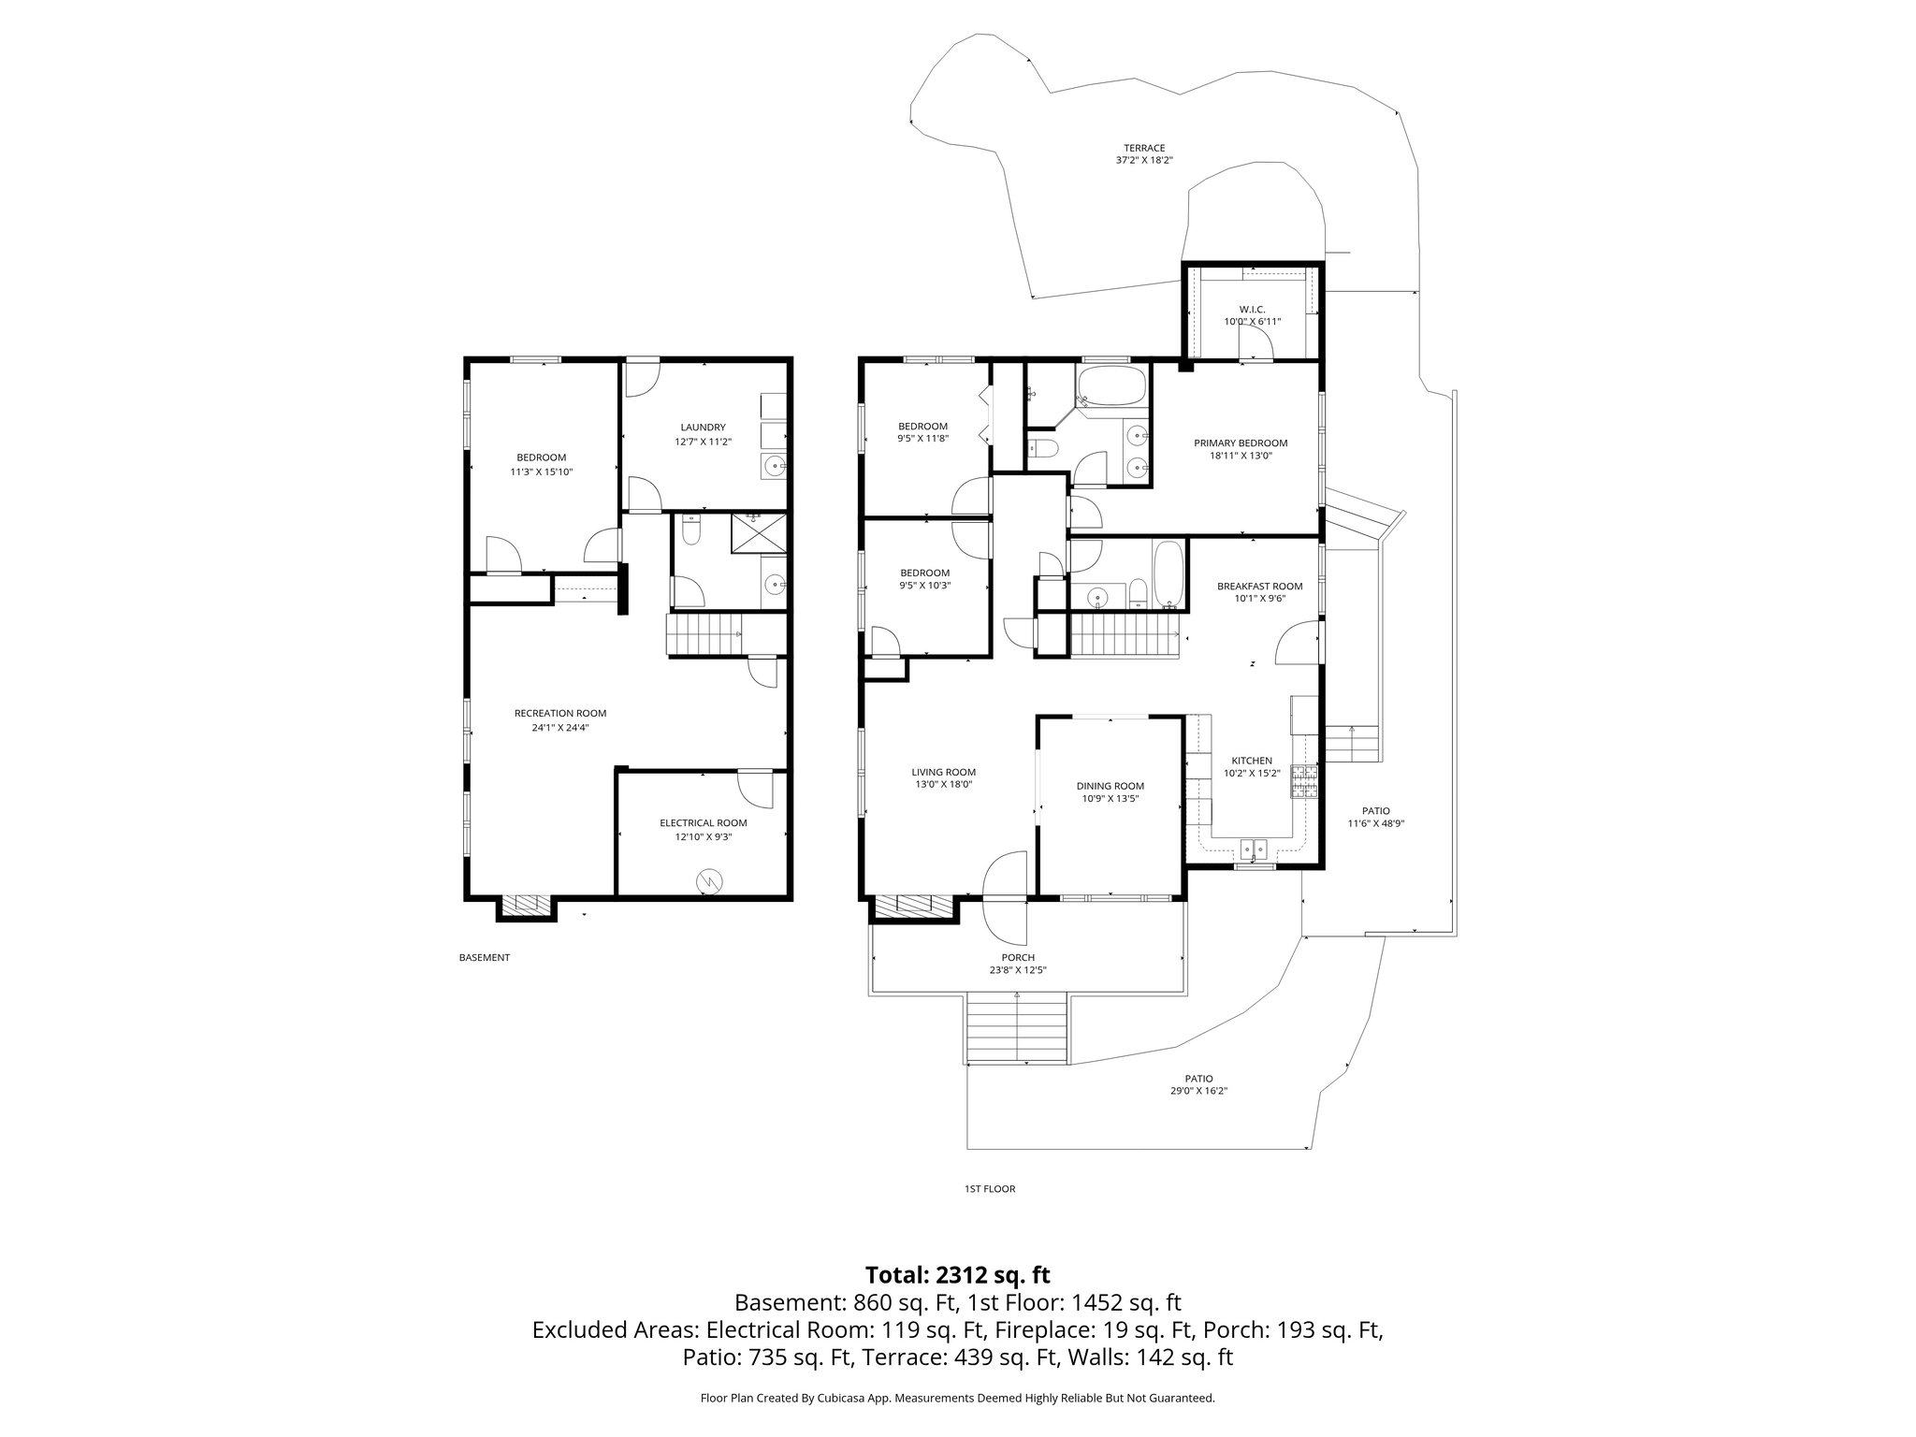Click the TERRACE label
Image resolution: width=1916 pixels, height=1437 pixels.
pyautogui.click(x=1144, y=148)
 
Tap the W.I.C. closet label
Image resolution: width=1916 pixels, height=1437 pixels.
pyautogui.click(x=1252, y=309)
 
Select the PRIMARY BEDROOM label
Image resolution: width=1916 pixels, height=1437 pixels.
pyautogui.click(x=1241, y=443)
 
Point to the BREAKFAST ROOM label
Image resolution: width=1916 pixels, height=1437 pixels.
pyautogui.click(x=1259, y=587)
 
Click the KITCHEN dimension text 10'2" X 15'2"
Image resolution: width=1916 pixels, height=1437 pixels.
pyautogui.click(x=1252, y=774)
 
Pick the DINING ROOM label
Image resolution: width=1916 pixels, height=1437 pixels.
pyautogui.click(x=1110, y=786)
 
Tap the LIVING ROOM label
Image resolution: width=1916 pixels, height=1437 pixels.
pyautogui.click(x=944, y=772)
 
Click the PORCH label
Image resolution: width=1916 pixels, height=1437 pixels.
pyautogui.click(x=1018, y=957)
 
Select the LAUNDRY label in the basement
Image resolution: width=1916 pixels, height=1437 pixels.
pyautogui.click(x=703, y=428)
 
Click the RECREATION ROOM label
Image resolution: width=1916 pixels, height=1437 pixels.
pyautogui.click(x=560, y=713)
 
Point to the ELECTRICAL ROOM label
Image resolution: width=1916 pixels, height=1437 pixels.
pyautogui.click(x=704, y=823)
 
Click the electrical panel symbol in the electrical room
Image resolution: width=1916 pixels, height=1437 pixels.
pyautogui.click(x=710, y=880)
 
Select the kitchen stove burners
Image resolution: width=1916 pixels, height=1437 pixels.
pyautogui.click(x=1304, y=782)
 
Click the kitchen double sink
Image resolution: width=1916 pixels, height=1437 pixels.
pyautogui.click(x=1253, y=849)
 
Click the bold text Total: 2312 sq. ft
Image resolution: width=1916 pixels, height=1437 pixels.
pyautogui.click(x=958, y=1275)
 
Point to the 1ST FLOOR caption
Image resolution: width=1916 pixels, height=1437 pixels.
pyautogui.click(x=990, y=1189)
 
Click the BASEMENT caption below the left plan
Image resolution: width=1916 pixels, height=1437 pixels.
pyautogui.click(x=485, y=957)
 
